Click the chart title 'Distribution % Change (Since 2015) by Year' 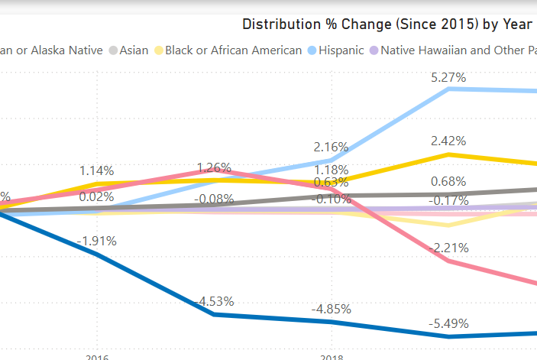(387, 24)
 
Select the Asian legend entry (133, 50)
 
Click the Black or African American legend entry (233, 50)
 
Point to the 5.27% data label (448, 77)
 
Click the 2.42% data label (448, 141)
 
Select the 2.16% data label (331, 147)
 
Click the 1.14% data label (96, 170)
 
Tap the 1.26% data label (214, 167)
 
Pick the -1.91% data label (96, 241)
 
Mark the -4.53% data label (214, 301)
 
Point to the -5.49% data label (448, 323)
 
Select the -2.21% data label (448, 248)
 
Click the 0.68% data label (448, 181)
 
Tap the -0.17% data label (448, 200)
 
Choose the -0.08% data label (214, 199)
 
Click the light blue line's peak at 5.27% (449, 89)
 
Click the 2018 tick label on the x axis (331, 357)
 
